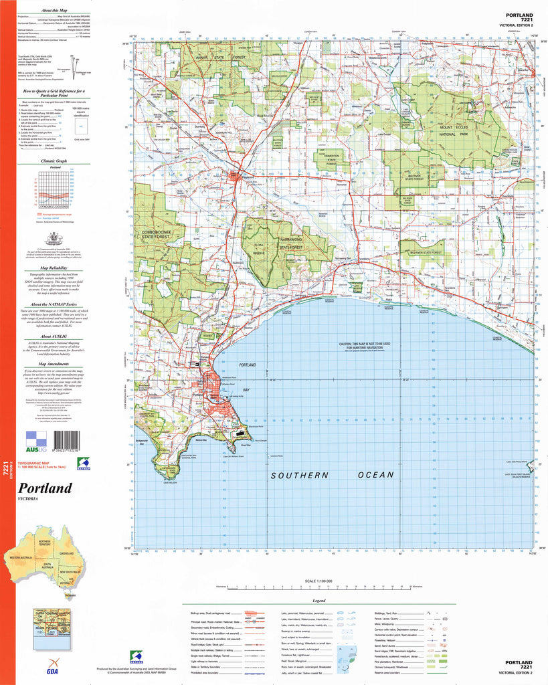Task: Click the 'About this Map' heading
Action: [54, 11]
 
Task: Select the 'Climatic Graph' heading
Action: [54, 161]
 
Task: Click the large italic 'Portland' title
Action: [45, 488]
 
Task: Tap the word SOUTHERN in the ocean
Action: [300, 475]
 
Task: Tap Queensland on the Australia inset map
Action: [66, 554]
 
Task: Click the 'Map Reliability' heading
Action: [54, 266]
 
